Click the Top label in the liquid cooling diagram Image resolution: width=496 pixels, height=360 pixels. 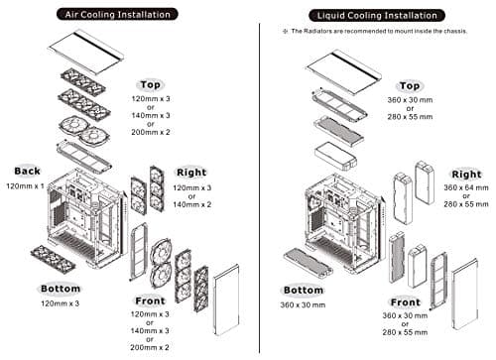pos(410,86)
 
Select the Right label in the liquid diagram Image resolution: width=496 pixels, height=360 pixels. pos(465,175)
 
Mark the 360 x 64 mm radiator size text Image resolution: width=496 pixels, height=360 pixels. pos(465,188)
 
